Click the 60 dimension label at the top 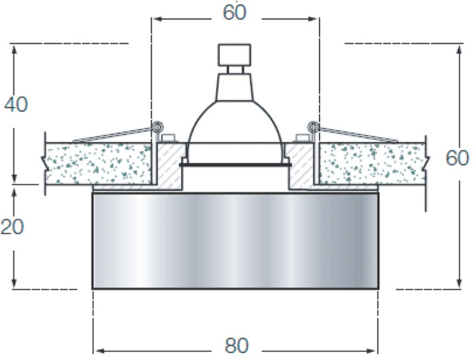pyautogui.click(x=235, y=12)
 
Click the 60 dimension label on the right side pyautogui.click(x=457, y=158)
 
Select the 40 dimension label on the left pyautogui.click(x=16, y=104)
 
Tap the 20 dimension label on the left pyautogui.click(x=12, y=226)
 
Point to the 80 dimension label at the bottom pyautogui.click(x=237, y=346)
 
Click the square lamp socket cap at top pyautogui.click(x=235, y=54)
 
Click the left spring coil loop pyautogui.click(x=157, y=126)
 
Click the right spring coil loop pyautogui.click(x=313, y=126)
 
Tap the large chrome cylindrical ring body pyautogui.click(x=235, y=241)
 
